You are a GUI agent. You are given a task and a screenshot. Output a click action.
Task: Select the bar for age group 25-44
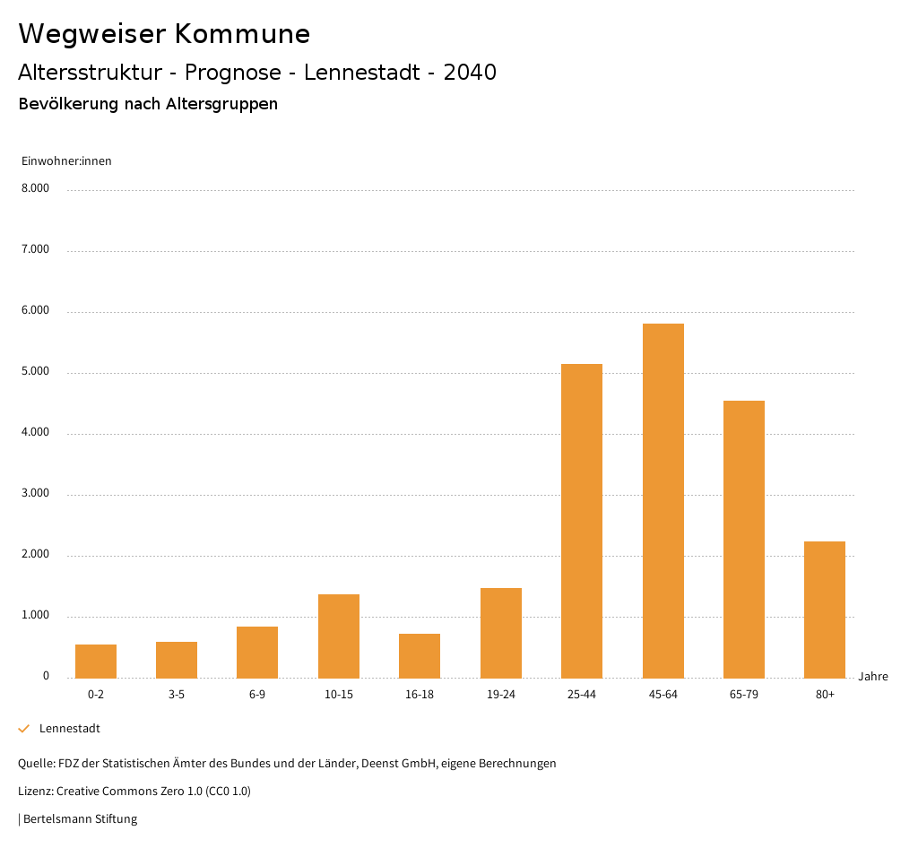(x=582, y=521)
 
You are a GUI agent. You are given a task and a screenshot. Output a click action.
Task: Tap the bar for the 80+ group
(x=825, y=610)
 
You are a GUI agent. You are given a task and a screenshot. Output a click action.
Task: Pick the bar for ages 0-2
(x=96, y=662)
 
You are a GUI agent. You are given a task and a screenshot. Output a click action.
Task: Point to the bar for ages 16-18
(x=420, y=656)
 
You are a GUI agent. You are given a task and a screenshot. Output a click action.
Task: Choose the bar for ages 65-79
(x=744, y=539)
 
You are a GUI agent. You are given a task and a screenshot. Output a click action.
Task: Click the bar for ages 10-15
(x=339, y=636)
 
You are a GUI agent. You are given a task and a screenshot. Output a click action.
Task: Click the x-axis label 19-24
(x=500, y=695)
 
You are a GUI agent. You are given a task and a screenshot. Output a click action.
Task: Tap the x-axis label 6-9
(x=257, y=695)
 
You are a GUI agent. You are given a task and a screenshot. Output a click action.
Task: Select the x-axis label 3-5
(x=177, y=695)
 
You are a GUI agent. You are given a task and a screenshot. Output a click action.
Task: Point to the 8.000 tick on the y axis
(x=35, y=188)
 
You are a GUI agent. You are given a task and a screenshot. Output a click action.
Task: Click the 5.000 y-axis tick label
(x=35, y=371)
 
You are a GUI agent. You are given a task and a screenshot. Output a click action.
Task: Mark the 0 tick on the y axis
(x=46, y=676)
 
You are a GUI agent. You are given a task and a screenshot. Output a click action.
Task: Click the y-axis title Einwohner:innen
(x=66, y=161)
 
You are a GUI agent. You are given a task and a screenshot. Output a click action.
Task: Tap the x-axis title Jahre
(x=873, y=677)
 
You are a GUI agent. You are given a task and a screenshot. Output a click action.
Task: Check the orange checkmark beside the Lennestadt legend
(x=24, y=729)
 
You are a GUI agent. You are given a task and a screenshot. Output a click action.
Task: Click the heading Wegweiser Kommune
(x=164, y=34)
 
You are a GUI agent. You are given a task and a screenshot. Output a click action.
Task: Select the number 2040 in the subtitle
(x=470, y=73)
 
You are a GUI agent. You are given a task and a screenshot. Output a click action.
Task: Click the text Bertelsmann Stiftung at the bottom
(x=80, y=819)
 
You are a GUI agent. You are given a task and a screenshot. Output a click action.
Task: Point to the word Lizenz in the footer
(x=35, y=792)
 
